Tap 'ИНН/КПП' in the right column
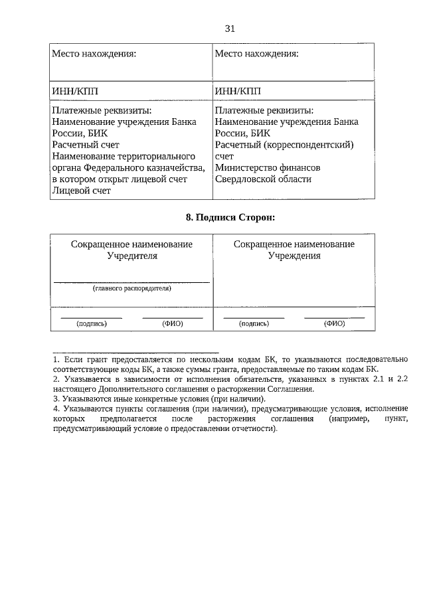tap(238, 90)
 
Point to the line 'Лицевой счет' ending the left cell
tap(81, 191)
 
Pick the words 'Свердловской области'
tap(262, 179)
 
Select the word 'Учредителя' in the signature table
tap(132, 256)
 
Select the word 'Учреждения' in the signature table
tap(294, 256)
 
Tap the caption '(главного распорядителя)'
tap(132, 289)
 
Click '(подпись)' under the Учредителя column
tap(92, 324)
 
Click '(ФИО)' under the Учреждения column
tap(334, 324)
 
